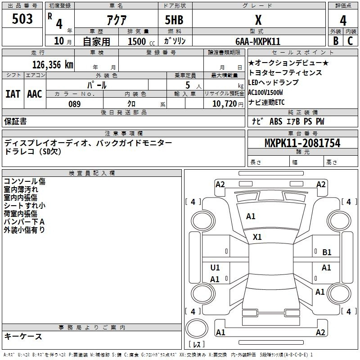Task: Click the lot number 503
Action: pyautogui.click(x=23, y=19)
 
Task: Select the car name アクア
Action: pyautogui.click(x=116, y=20)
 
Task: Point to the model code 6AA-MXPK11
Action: pyautogui.click(x=258, y=41)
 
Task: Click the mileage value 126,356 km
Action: pyautogui.click(x=53, y=64)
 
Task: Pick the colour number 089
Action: pyautogui.click(x=74, y=104)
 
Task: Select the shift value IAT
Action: pyautogui.click(x=13, y=94)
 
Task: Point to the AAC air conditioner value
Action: pyautogui.click(x=35, y=94)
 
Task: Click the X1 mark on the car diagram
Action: pyautogui.click(x=257, y=237)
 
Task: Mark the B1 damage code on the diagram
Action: pyautogui.click(x=327, y=252)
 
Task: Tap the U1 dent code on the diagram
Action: pyautogui.click(x=215, y=268)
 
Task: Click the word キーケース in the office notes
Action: pyautogui.click(x=23, y=336)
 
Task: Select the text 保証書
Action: pyautogui.click(x=15, y=121)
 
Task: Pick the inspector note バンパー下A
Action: pyautogui.click(x=24, y=222)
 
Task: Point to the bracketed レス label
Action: pyautogui.click(x=197, y=345)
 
